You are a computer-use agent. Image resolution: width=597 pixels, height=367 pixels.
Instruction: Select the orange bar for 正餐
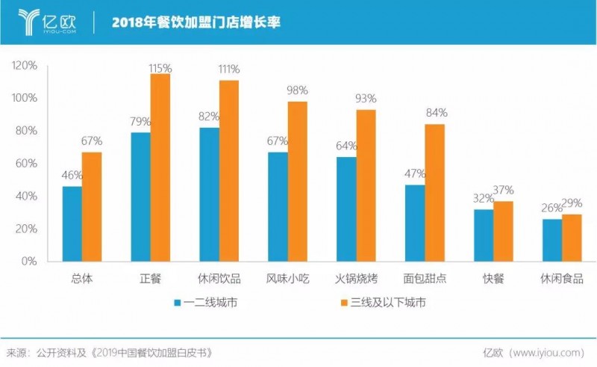(160, 167)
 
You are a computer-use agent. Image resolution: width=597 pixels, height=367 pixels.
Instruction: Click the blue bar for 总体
(72, 223)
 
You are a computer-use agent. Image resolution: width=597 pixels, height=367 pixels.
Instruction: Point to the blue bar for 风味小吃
(278, 206)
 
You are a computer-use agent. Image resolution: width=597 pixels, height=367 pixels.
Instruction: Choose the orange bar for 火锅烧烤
(366, 185)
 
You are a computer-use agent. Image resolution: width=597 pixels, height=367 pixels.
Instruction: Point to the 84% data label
(436, 113)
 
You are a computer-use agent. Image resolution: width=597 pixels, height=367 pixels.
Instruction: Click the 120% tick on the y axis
(25, 65)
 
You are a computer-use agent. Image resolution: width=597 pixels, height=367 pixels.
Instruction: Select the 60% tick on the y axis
(27, 163)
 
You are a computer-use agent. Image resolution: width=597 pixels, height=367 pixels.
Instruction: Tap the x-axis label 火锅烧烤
(356, 279)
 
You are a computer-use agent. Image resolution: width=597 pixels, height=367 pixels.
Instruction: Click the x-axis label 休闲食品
(562, 279)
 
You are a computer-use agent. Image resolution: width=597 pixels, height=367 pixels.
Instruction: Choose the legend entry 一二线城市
(213, 303)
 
